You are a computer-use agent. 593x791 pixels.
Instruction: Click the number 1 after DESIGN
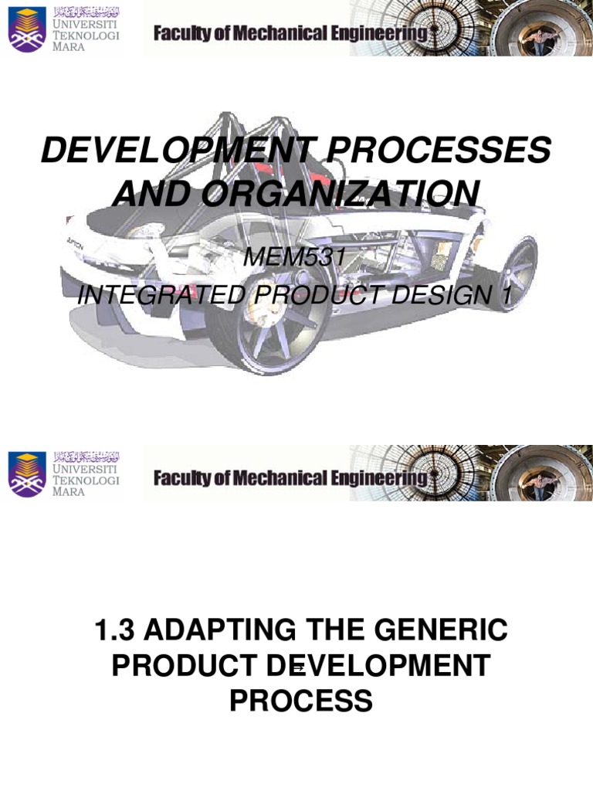tap(507, 294)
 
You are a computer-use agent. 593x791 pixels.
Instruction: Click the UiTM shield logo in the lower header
tap(26, 474)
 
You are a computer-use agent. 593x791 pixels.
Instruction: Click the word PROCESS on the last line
tap(300, 701)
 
